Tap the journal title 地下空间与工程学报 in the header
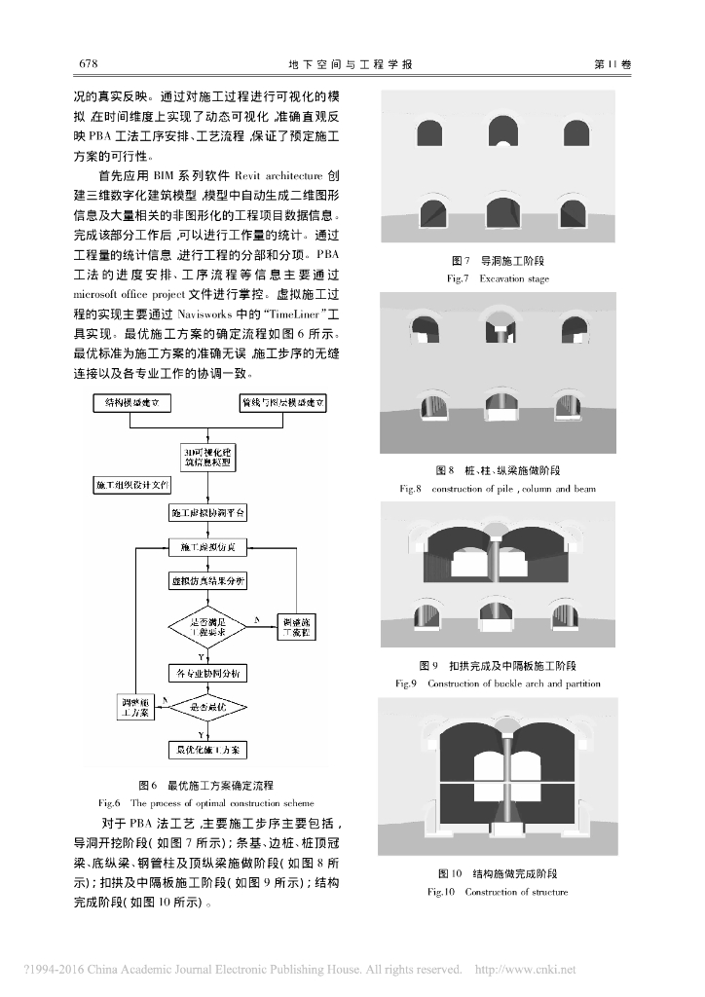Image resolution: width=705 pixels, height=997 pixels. click(x=352, y=64)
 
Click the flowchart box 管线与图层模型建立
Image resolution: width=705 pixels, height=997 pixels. click(x=282, y=403)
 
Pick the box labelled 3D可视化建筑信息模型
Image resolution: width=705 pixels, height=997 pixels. click(x=207, y=458)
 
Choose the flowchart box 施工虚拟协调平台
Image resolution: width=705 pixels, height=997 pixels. click(x=207, y=512)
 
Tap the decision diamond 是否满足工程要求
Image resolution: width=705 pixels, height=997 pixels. click(x=207, y=626)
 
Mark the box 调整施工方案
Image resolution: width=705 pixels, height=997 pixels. click(x=132, y=708)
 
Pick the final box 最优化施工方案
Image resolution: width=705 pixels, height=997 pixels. click(x=207, y=751)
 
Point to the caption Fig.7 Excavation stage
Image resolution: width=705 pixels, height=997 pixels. click(x=498, y=278)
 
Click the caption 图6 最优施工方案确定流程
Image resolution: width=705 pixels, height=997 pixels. click(x=205, y=785)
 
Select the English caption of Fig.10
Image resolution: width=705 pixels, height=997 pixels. click(x=498, y=892)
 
